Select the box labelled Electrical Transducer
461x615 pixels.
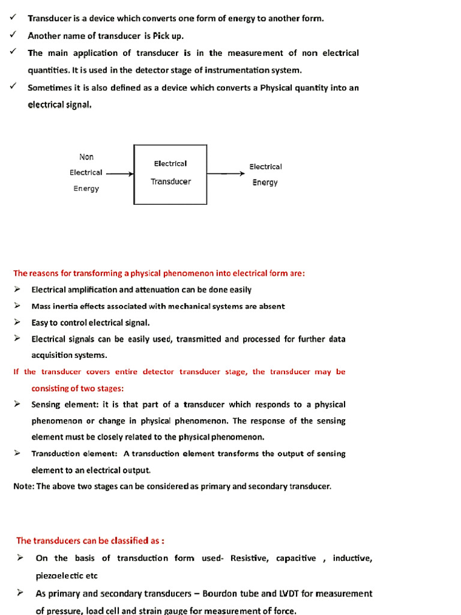(170, 174)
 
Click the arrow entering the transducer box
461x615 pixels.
(119, 174)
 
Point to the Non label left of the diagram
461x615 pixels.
(86, 157)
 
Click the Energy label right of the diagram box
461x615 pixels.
(265, 183)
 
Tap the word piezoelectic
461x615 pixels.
(58, 575)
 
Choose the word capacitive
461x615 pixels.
(296, 558)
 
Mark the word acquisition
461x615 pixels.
(53, 355)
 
